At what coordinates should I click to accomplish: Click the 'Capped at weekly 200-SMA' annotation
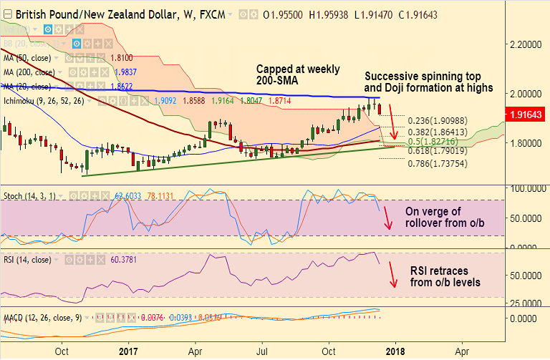point(298,76)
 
